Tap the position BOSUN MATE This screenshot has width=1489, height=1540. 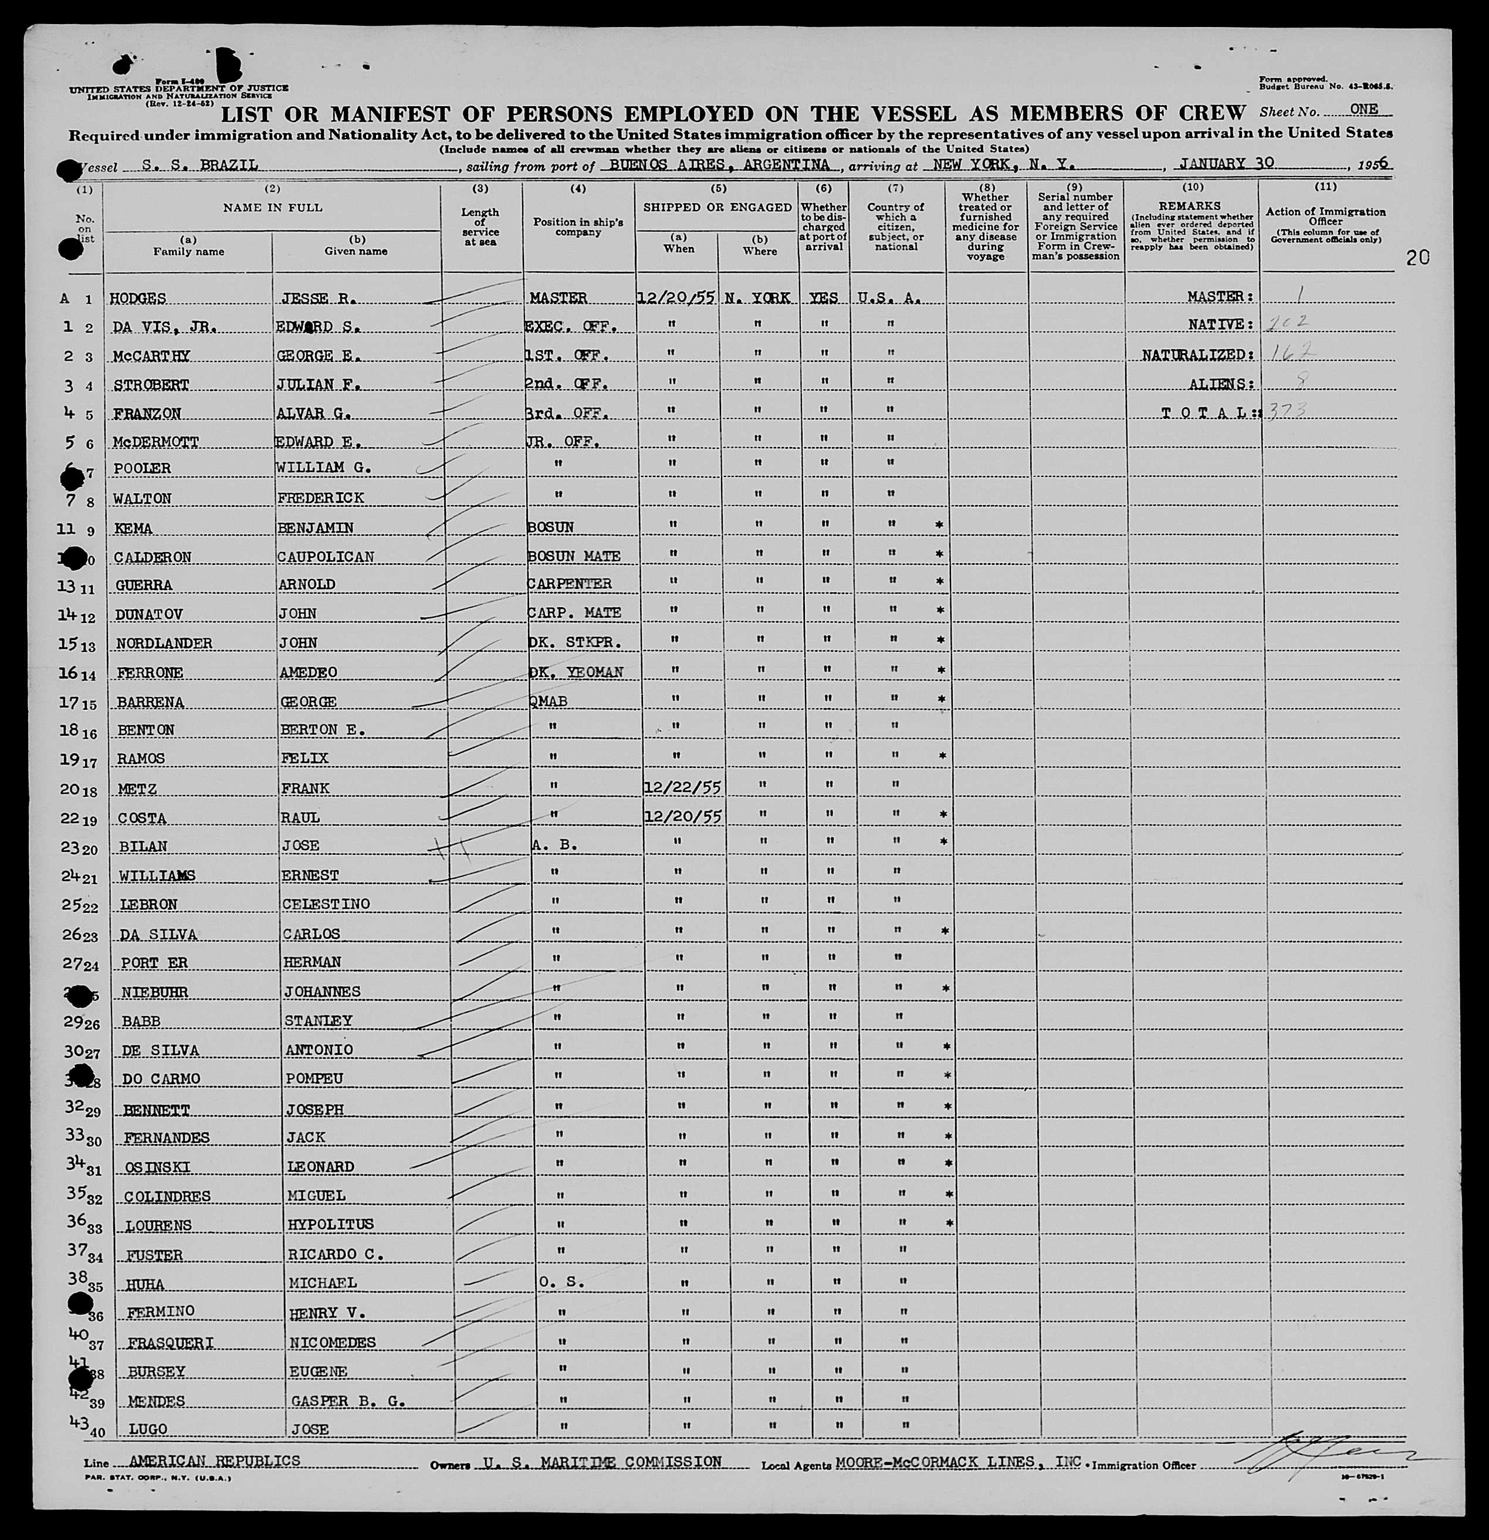tap(574, 556)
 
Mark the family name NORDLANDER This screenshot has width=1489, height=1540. tap(164, 643)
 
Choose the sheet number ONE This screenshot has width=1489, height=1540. tap(1363, 110)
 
